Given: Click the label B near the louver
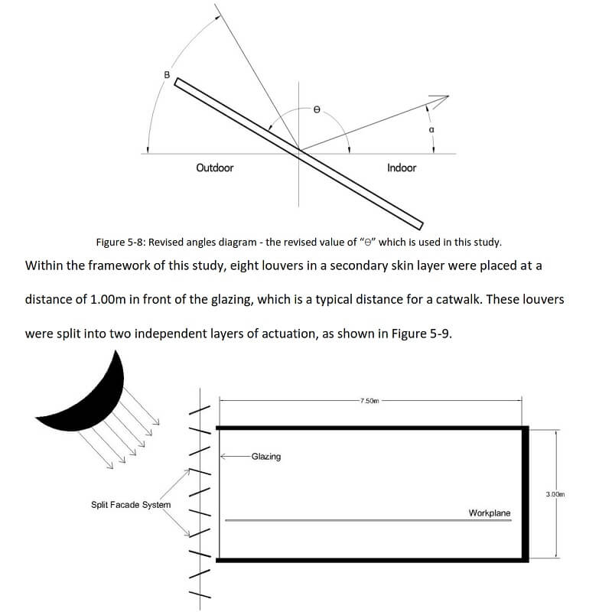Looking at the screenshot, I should point(167,74).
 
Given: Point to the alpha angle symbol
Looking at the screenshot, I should point(431,130).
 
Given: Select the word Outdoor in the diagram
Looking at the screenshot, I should point(215,168).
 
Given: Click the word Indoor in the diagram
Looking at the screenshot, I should point(402,168).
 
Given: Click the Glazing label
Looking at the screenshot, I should point(265,457).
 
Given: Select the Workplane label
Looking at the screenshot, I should point(490,513).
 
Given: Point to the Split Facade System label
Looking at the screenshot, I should point(131,505).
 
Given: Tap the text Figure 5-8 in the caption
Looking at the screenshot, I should point(119,243).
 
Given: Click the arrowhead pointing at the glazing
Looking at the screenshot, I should point(223,457).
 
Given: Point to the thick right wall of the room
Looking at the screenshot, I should point(525,493).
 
